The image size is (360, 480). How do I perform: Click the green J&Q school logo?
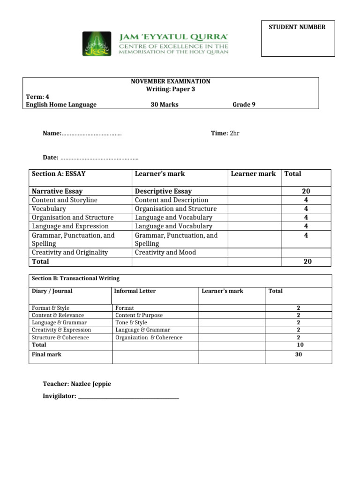coord(97,44)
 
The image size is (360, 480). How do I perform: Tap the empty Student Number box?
coord(298,44)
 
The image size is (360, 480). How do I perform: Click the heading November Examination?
coord(171,82)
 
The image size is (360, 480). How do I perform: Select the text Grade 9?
coord(244,105)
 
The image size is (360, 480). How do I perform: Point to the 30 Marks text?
coord(164,105)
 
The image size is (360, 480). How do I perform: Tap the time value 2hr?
coord(234,133)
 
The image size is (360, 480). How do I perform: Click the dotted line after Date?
coord(99,157)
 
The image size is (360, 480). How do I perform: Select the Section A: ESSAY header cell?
coord(59,174)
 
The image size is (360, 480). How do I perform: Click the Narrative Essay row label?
coord(57,191)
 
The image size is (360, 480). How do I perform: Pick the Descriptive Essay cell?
coord(163,191)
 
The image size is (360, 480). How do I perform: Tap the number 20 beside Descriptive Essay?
coord(306,191)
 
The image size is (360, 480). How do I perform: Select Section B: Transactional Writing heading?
coord(75,278)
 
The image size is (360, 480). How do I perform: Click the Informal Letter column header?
coord(135,291)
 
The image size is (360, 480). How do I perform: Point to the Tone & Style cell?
coord(131,322)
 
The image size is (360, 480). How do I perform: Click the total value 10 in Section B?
coord(300,345)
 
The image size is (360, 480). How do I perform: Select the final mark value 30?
coord(298,354)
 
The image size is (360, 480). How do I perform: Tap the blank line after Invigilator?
coord(128,397)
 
